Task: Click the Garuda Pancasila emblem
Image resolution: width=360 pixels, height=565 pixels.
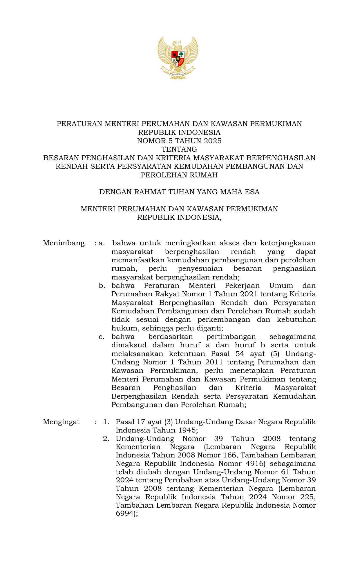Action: point(178,58)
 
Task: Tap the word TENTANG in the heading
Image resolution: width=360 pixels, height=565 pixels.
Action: point(179,149)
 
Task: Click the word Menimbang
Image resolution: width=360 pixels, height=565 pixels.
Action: point(64,243)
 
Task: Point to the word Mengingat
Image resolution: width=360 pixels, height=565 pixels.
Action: point(61,422)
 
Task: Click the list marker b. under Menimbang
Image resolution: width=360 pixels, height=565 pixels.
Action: point(102,286)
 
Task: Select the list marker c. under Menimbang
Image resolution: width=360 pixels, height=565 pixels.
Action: point(102,337)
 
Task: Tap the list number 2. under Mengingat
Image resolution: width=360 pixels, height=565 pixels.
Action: point(106,439)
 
